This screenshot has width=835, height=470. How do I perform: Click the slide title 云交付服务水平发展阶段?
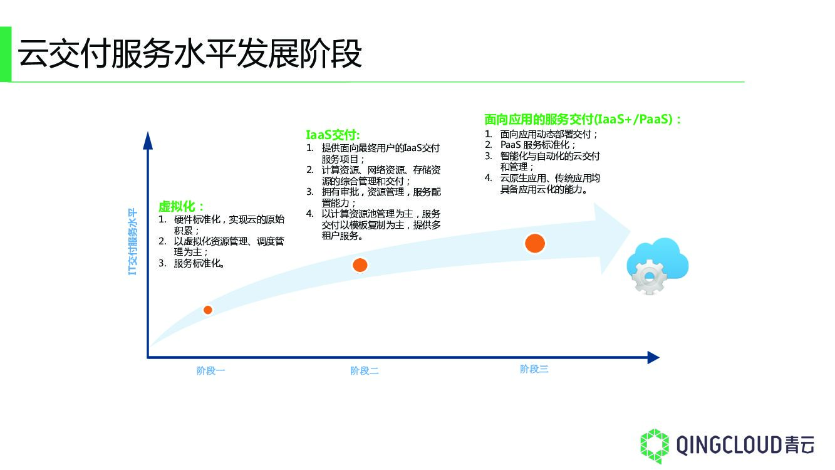point(190,54)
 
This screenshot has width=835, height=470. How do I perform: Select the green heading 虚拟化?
point(180,206)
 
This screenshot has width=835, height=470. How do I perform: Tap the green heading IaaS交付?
point(332,135)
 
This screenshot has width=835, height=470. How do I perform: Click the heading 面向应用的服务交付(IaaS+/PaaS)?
point(582,119)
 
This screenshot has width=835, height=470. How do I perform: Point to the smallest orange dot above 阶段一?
point(208,310)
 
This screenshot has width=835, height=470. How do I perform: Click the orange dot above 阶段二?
point(360,264)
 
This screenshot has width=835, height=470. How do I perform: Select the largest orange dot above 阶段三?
point(534,243)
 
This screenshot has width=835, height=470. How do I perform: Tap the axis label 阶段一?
point(210,371)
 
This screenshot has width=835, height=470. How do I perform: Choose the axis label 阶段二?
point(364,371)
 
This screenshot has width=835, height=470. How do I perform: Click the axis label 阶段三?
point(534,369)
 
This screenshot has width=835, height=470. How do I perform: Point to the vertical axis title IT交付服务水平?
point(132,241)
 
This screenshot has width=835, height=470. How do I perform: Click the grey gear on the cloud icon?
point(648,276)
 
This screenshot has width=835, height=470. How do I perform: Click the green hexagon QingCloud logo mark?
point(654,446)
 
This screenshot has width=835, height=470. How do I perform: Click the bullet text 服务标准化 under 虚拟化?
point(199,264)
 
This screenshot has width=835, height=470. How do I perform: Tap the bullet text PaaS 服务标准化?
point(537,145)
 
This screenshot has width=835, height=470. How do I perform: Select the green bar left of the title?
point(5,54)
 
